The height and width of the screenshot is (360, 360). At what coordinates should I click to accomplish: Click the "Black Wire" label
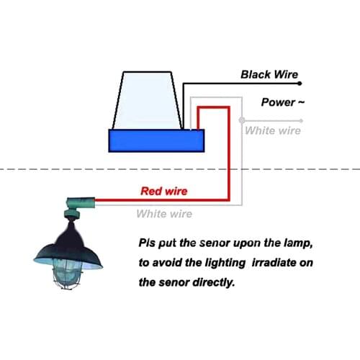point(269,74)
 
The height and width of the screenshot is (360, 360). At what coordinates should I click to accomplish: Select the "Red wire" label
point(163,191)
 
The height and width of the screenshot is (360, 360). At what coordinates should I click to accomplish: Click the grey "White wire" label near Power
point(272,130)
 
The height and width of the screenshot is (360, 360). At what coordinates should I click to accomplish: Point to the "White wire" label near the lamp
point(164,214)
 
